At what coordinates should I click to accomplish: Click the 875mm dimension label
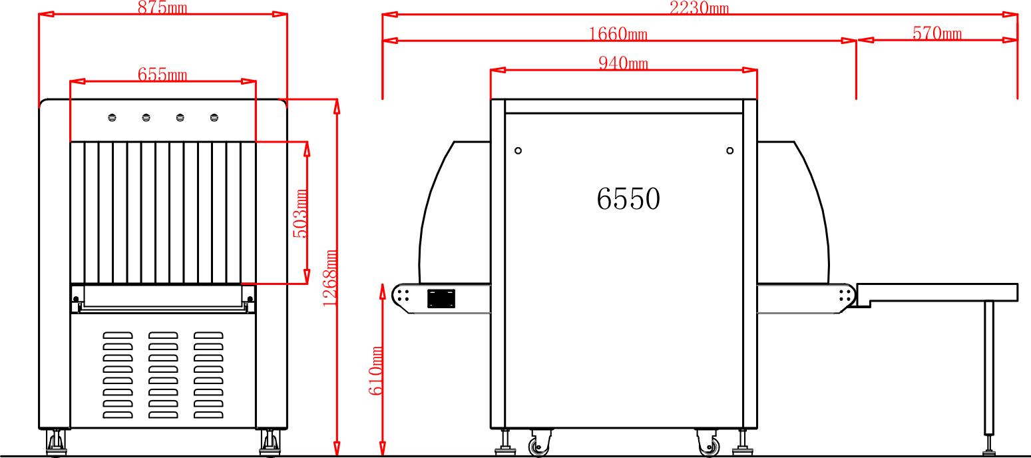point(162,8)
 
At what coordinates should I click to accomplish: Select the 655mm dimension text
point(162,75)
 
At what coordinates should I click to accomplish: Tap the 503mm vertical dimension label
point(300,213)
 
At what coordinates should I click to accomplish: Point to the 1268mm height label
point(329,278)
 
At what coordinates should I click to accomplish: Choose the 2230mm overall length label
point(699,8)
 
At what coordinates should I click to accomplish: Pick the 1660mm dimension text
point(618,33)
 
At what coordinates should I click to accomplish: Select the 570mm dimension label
point(936,33)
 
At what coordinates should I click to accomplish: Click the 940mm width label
point(623,63)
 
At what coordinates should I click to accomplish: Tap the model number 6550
point(628,199)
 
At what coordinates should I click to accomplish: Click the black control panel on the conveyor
point(441,299)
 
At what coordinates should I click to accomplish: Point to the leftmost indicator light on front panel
point(112,118)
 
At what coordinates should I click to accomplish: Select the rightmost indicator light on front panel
point(214,118)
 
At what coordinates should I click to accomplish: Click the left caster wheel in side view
point(539,446)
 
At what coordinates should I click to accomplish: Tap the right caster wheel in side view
point(710,446)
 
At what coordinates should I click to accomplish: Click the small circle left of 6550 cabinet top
point(518,150)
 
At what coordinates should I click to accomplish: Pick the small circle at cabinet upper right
point(729,150)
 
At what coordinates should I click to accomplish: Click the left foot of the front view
point(56,443)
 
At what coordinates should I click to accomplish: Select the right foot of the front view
point(270,443)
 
